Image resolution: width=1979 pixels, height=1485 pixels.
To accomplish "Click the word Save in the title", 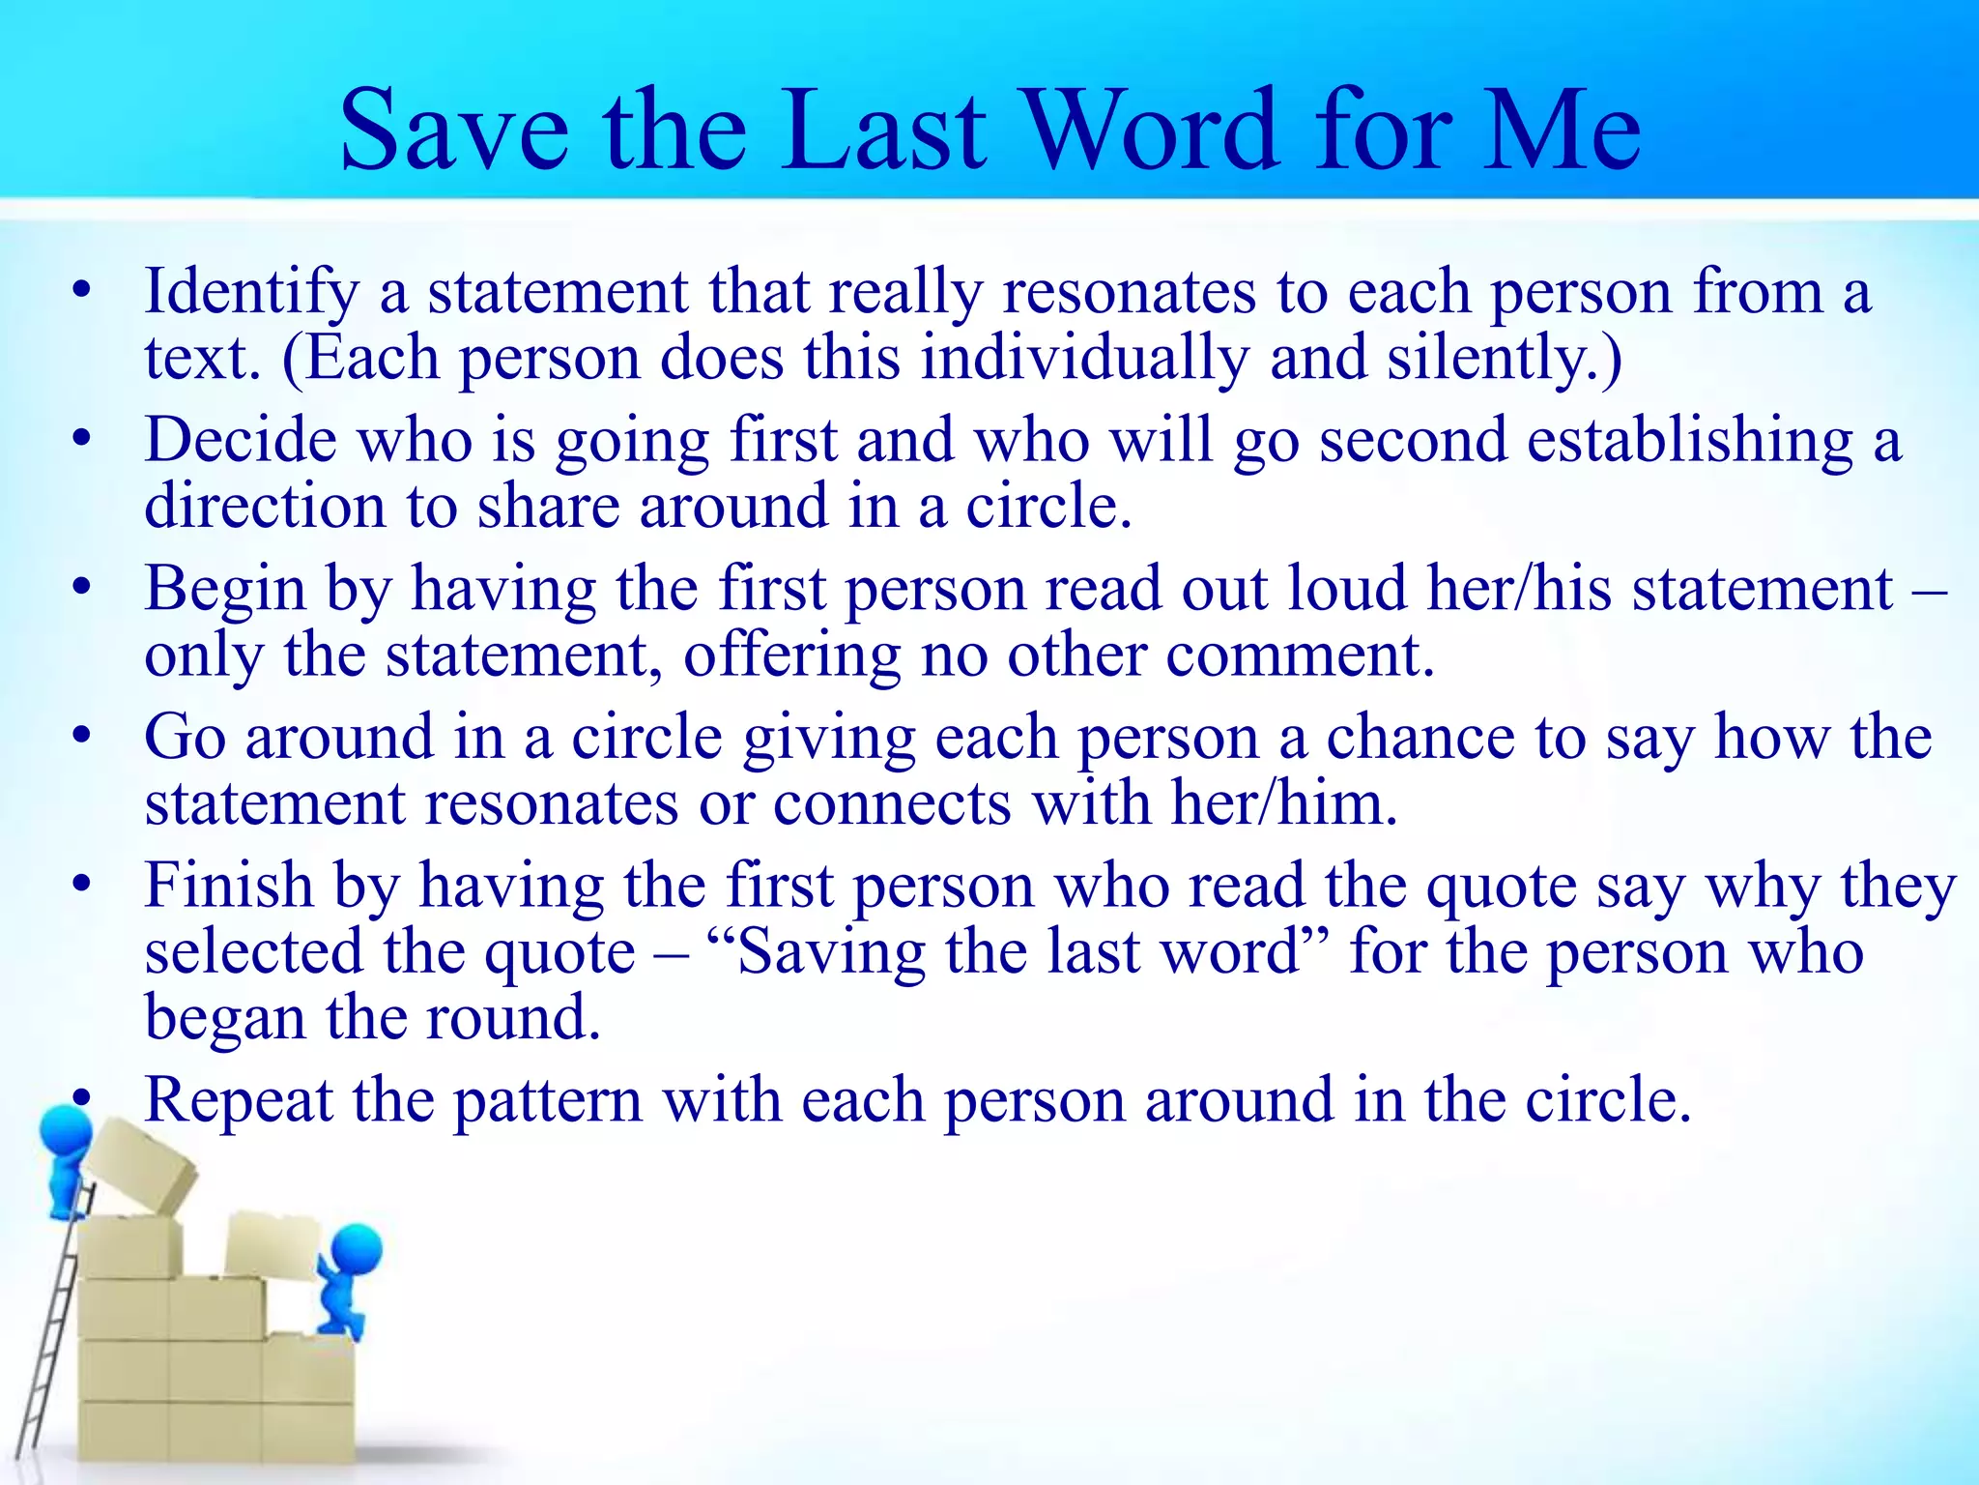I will [x=454, y=130].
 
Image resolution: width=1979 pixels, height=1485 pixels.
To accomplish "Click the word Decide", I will [x=241, y=441].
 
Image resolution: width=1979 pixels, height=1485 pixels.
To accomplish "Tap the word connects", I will [x=891, y=804].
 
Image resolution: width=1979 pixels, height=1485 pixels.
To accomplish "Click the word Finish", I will [x=229, y=886].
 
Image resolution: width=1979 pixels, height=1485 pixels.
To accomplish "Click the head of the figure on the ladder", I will [x=66, y=1132].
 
